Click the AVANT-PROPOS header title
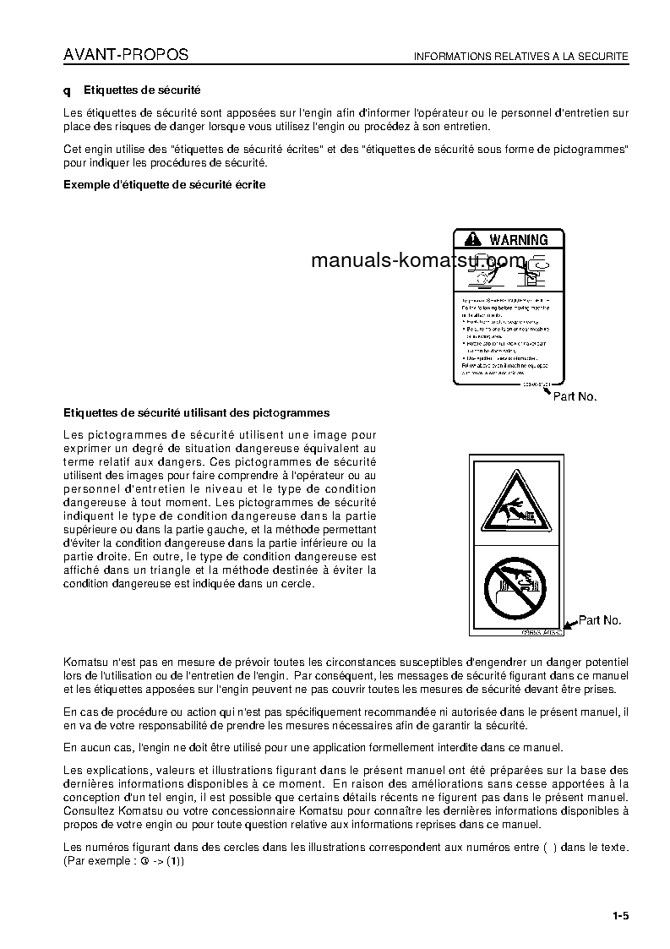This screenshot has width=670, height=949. [126, 55]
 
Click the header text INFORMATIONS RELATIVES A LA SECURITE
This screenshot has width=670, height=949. [520, 57]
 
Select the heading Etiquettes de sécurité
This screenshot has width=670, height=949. [142, 90]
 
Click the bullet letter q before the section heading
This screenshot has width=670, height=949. [68, 90]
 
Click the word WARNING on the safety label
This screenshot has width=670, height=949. [518, 240]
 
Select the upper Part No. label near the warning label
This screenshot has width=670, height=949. [575, 395]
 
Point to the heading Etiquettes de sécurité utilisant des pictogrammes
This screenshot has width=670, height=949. [197, 413]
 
